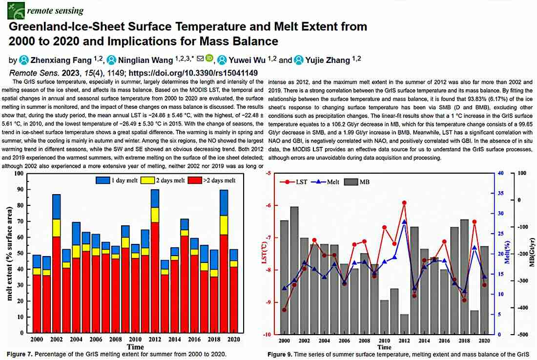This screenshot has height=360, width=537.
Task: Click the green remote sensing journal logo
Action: [x=16, y=11]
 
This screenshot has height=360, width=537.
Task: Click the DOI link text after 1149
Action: [x=193, y=73]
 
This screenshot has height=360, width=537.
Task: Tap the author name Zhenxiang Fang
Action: [x=61, y=60]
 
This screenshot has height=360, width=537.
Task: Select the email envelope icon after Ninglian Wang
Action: [x=200, y=59]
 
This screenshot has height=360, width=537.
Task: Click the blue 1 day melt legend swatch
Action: [x=103, y=180]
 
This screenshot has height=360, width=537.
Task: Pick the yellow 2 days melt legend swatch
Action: [x=147, y=180]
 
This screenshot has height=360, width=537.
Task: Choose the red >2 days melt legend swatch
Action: [x=195, y=180]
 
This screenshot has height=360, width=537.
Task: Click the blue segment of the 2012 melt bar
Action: [x=155, y=199]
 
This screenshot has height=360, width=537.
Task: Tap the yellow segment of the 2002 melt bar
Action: [x=57, y=228]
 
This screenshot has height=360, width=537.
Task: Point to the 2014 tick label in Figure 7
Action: [x=175, y=340]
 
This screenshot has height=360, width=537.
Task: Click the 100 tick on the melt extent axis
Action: [x=19, y=174]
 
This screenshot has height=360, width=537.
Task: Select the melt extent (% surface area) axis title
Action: [x=9, y=253]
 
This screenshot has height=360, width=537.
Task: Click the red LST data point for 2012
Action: [x=404, y=203]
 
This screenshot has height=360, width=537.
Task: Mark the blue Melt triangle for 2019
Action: [x=475, y=247]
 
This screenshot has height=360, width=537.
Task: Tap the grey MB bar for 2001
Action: [x=294, y=270]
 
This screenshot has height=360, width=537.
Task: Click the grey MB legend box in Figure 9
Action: [x=351, y=182]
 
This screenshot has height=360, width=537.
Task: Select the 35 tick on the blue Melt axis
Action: [x=501, y=193]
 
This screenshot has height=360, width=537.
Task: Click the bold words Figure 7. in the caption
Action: [x=20, y=354]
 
